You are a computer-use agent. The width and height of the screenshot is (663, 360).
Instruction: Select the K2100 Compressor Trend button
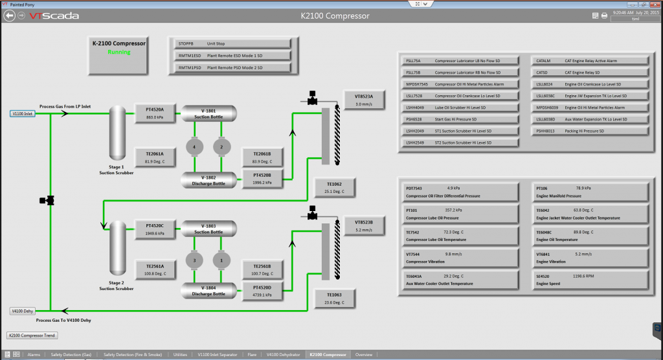[x=32, y=335]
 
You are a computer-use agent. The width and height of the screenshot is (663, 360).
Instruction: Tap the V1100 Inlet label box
[x=23, y=113]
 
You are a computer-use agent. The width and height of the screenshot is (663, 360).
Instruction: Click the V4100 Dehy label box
[x=23, y=311]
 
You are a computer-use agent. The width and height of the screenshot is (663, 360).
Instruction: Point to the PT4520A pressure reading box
[x=155, y=113]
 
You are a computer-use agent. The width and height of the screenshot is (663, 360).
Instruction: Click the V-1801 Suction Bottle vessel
[x=208, y=113]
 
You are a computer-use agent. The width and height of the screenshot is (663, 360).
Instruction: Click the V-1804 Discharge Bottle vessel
[x=208, y=290]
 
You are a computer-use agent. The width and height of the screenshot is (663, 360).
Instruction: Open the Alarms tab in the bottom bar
[x=34, y=355]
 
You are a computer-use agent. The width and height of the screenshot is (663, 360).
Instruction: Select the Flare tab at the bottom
[x=252, y=355]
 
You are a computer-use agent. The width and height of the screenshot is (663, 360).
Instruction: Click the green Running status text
[x=118, y=52]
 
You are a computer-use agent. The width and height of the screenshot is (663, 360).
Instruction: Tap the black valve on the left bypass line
[x=47, y=201]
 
